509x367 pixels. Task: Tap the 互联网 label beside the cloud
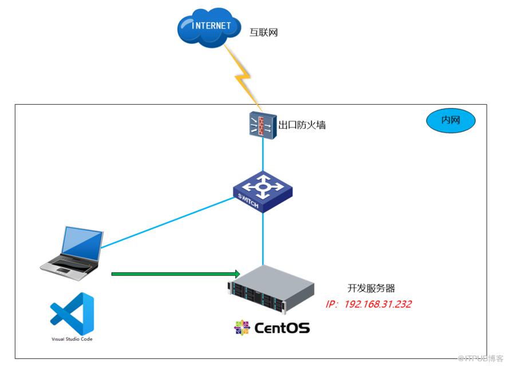click(x=263, y=33)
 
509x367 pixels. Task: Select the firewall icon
click(x=263, y=125)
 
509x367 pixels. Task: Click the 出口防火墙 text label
click(x=302, y=125)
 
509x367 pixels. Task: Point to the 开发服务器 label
click(x=371, y=288)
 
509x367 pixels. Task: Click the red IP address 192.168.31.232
click(x=369, y=304)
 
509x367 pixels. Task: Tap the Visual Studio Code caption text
click(x=72, y=339)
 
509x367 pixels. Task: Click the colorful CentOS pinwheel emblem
click(x=242, y=328)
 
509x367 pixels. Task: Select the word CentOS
click(x=282, y=328)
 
